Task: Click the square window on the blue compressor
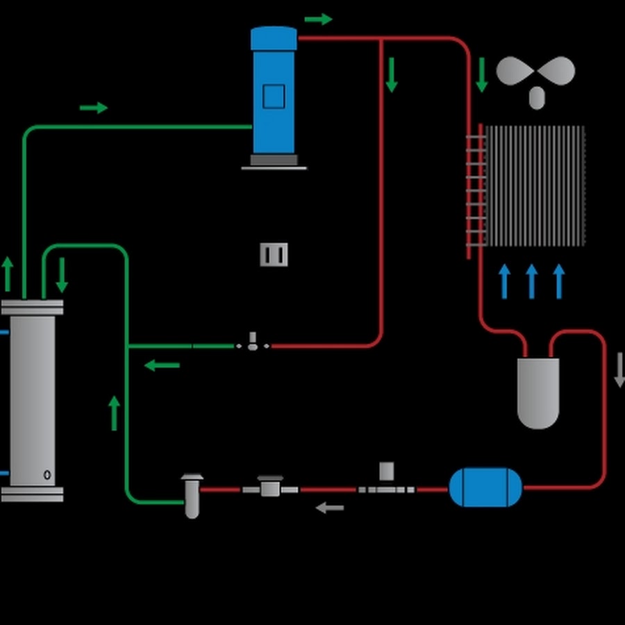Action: click(274, 96)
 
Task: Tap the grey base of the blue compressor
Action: click(274, 160)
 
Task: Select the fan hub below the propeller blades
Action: click(537, 97)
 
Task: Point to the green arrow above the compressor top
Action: click(318, 19)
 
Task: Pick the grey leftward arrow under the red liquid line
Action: click(330, 508)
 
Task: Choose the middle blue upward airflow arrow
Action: click(531, 281)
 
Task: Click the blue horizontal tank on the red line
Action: click(485, 487)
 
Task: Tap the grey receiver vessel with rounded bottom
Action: click(538, 392)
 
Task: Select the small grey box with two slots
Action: click(274, 255)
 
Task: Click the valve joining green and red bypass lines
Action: click(253, 342)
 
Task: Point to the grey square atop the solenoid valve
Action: click(387, 471)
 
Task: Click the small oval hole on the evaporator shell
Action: click(47, 475)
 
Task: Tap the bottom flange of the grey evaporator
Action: click(32, 494)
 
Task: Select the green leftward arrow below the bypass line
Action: click(162, 365)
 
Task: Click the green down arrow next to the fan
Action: click(481, 75)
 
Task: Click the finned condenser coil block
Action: click(535, 186)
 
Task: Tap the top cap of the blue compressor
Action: click(274, 38)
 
